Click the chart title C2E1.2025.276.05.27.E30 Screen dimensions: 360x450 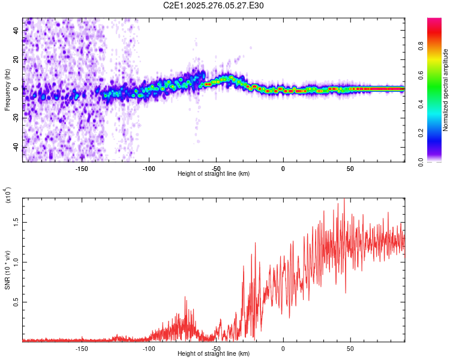(214, 5)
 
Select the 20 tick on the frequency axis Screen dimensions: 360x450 (16, 58)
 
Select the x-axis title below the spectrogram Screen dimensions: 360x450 (214, 174)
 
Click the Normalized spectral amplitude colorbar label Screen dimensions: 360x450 (445, 90)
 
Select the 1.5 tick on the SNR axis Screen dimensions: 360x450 (16, 221)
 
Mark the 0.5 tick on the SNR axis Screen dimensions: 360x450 (16, 301)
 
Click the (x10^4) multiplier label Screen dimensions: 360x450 (8, 196)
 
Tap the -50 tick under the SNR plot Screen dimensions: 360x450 (216, 347)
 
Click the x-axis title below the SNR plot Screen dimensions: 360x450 (214, 354)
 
